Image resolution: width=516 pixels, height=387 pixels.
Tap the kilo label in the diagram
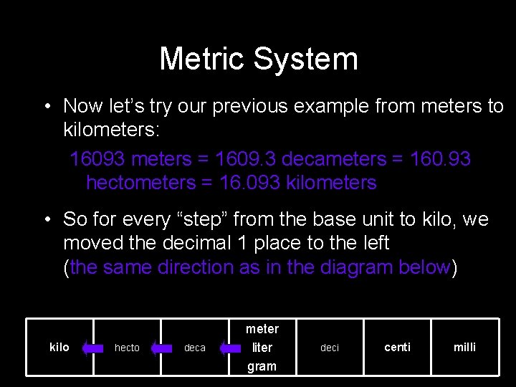pyautogui.click(x=59, y=347)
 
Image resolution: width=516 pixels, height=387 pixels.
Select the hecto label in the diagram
pyautogui.click(x=127, y=348)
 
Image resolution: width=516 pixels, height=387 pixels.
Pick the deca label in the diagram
pyautogui.click(x=194, y=348)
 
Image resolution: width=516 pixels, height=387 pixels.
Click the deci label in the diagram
pyautogui.click(x=330, y=348)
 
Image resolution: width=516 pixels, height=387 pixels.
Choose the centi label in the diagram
pyautogui.click(x=397, y=347)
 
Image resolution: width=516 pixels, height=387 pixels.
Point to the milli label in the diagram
pyautogui.click(x=464, y=347)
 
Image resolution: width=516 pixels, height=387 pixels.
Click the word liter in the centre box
pyautogui.click(x=262, y=348)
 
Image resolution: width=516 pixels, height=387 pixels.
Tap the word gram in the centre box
pyautogui.click(x=262, y=366)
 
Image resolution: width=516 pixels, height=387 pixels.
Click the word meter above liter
pyautogui.click(x=262, y=329)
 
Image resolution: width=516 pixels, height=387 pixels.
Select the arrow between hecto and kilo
pyautogui.click(x=92, y=348)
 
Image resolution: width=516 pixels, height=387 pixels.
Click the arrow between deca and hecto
pyautogui.click(x=161, y=348)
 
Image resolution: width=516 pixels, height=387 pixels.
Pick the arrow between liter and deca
pyautogui.click(x=229, y=348)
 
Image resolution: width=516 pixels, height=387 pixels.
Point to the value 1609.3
pyautogui.click(x=244, y=159)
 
